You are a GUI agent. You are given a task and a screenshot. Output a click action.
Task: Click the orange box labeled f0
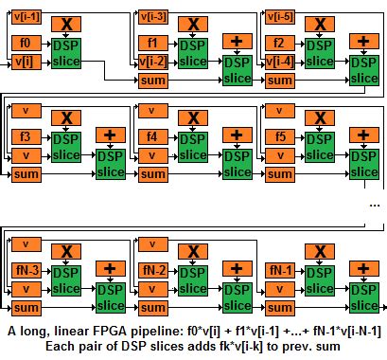pos(25,44)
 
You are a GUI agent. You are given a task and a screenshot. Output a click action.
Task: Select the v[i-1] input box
pos(25,16)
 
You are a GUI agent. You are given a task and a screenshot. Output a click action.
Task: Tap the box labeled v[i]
pos(25,63)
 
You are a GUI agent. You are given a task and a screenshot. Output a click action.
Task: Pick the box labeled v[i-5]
pos(281,16)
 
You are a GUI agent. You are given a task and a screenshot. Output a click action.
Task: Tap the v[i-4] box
pos(281,63)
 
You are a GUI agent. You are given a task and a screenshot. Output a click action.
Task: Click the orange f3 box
pos(25,136)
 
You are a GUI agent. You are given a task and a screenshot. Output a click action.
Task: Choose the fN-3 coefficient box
pos(25,271)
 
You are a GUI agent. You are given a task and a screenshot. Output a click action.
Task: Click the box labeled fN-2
pos(153,271)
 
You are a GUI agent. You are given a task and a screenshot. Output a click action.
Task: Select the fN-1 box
pos(281,271)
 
